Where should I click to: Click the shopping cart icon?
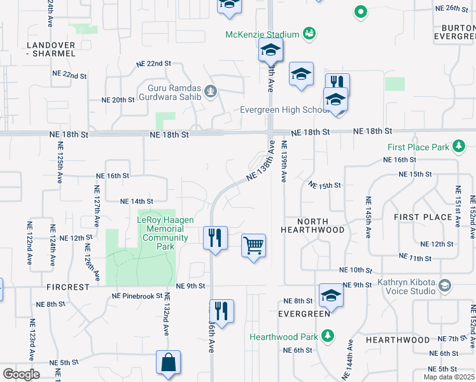(253, 245)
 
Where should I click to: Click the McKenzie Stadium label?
(262, 34)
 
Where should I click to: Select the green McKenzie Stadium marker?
(309, 33)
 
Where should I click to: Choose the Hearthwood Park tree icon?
(327, 336)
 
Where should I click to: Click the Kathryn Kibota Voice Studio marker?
(444, 285)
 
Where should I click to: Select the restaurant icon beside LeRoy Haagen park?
(215, 237)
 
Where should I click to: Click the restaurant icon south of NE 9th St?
(221, 311)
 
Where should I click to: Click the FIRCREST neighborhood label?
(68, 287)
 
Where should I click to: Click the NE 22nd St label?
(155, 64)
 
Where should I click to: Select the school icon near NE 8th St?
(331, 295)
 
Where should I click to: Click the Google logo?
(21, 374)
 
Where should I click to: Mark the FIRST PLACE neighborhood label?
(423, 217)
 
